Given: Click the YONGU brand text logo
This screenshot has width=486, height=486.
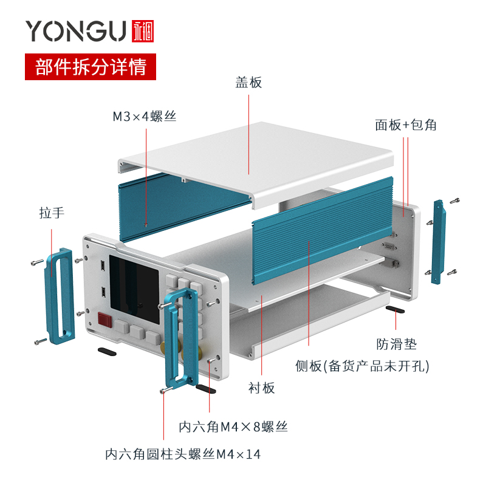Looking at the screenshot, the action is point(76,31).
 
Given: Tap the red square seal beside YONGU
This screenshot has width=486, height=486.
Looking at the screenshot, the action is point(143,31).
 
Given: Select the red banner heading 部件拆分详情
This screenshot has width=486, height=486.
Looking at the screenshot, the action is point(91,67).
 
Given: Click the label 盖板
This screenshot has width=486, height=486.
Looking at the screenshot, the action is point(248,83).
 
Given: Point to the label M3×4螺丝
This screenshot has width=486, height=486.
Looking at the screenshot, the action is point(145,117).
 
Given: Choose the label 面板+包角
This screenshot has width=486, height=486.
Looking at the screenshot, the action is point(406,125).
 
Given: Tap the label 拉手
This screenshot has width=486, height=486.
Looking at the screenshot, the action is point(52,213).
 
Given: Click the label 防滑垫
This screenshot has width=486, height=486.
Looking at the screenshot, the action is point(397,344).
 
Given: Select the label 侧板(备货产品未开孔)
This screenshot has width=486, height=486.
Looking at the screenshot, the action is point(362,366).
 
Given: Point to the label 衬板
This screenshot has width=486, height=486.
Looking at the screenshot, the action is point(262,388).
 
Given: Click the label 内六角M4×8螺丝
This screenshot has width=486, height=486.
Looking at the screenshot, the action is point(233,427).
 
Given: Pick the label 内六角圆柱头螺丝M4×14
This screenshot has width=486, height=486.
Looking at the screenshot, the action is point(183,454).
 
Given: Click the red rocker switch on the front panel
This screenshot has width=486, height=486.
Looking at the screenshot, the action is point(104,320).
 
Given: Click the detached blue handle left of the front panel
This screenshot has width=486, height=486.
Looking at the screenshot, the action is point(60,296).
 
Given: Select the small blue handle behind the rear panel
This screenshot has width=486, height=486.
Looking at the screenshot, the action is point(439,242).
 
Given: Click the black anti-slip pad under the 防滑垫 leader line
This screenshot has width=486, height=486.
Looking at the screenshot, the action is point(395,309).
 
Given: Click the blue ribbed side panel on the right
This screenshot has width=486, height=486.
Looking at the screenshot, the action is point(323,231).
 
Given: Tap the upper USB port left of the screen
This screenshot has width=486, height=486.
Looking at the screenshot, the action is point(102,265).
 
